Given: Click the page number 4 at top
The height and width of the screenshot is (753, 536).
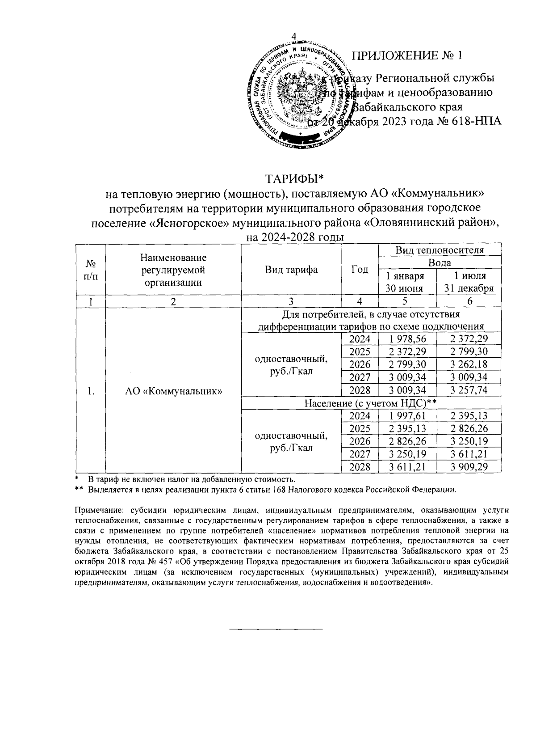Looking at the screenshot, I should click(x=294, y=36).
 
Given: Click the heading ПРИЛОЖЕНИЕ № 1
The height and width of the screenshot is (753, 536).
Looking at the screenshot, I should click(x=406, y=56).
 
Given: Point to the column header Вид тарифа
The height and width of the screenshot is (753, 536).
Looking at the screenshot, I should click(x=291, y=270).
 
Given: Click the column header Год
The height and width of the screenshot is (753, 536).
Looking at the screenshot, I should click(x=360, y=270).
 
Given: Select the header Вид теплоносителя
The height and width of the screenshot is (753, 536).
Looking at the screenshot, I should click(x=440, y=250).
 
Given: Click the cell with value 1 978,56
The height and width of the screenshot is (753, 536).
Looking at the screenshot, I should click(x=407, y=339).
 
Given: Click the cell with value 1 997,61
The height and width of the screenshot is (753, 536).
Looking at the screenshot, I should click(x=407, y=416).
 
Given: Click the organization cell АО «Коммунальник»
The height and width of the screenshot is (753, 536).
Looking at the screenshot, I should click(x=173, y=391).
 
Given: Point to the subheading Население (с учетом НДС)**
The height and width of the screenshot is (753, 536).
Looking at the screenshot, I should click(x=370, y=403).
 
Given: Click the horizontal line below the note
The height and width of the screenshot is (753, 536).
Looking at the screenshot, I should click(x=276, y=630).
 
